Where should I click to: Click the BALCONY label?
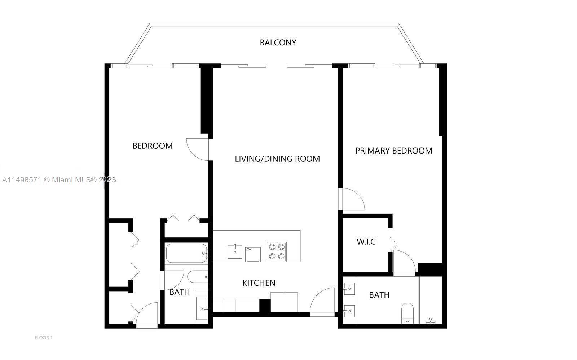(x=278, y=43)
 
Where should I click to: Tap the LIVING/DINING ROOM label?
(x=277, y=159)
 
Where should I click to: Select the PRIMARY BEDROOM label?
(x=393, y=151)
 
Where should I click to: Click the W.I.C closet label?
(x=366, y=242)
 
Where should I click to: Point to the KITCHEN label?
(x=259, y=283)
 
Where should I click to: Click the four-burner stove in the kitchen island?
(x=277, y=252)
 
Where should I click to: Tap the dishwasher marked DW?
(x=253, y=254)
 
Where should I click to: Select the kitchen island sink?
(x=235, y=252)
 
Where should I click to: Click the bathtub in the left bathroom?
(x=187, y=253)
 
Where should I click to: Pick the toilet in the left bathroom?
(x=198, y=277)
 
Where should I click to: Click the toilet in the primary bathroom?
(x=408, y=313)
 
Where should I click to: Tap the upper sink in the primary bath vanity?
(x=349, y=289)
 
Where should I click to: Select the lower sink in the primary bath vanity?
(x=349, y=311)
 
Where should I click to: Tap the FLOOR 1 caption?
(x=44, y=338)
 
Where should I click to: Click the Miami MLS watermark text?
(x=59, y=179)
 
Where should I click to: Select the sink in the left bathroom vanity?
(x=202, y=308)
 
